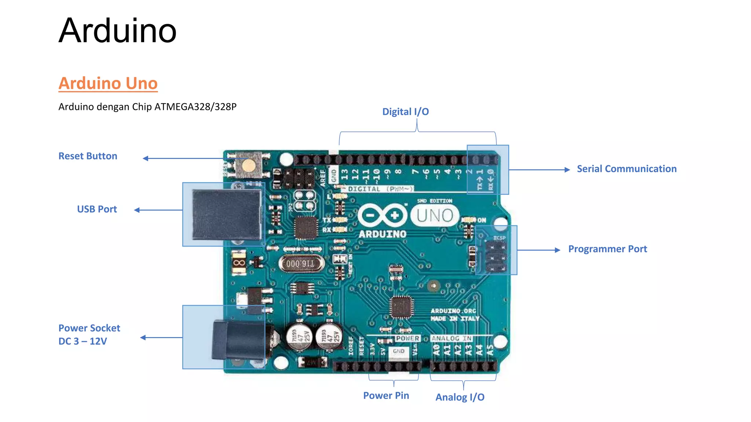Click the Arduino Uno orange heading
108,84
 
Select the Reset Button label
88,156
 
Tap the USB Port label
97,209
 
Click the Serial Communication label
626,169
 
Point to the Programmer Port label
607,249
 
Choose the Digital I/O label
405,112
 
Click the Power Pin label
386,396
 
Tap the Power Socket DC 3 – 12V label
89,334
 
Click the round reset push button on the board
249,165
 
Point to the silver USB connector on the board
226,214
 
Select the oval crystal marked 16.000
301,263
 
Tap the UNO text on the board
435,215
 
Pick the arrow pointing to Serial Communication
539,170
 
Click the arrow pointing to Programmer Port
539,250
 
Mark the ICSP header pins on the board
496,256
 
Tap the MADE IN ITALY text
454,319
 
